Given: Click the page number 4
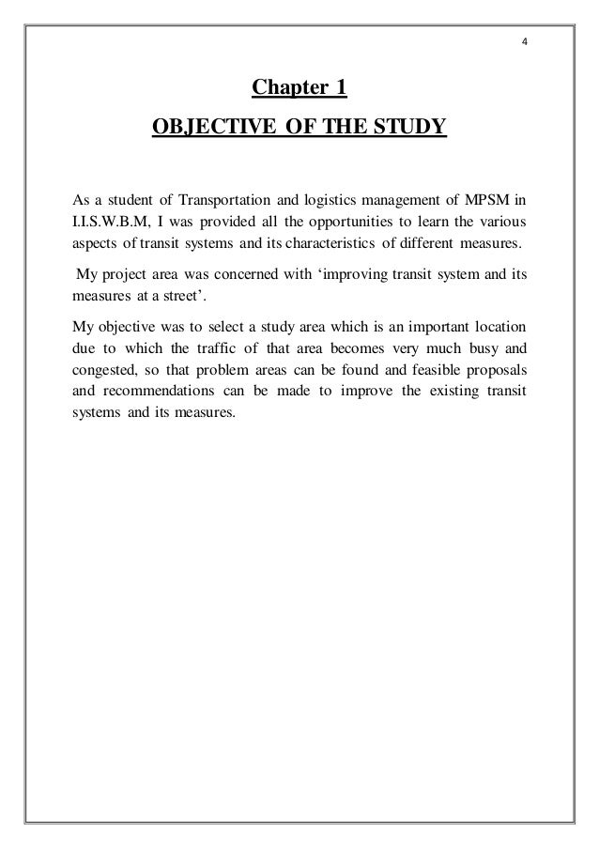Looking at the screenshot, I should (x=527, y=41).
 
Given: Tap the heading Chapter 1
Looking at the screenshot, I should (x=299, y=89).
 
